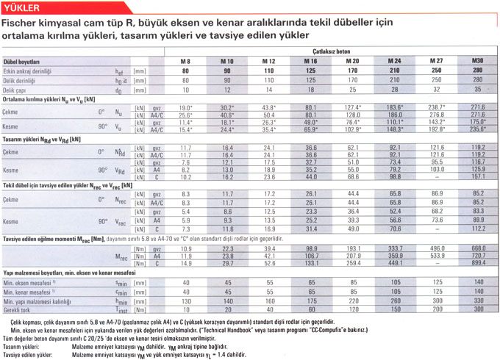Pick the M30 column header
[477, 60]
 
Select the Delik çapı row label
[20, 89]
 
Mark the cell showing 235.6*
[478, 129]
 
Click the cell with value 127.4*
[353, 107]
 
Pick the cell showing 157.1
[478, 176]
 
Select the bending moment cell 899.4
[478, 263]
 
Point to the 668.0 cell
[478, 248]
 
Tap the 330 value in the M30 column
[478, 300]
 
